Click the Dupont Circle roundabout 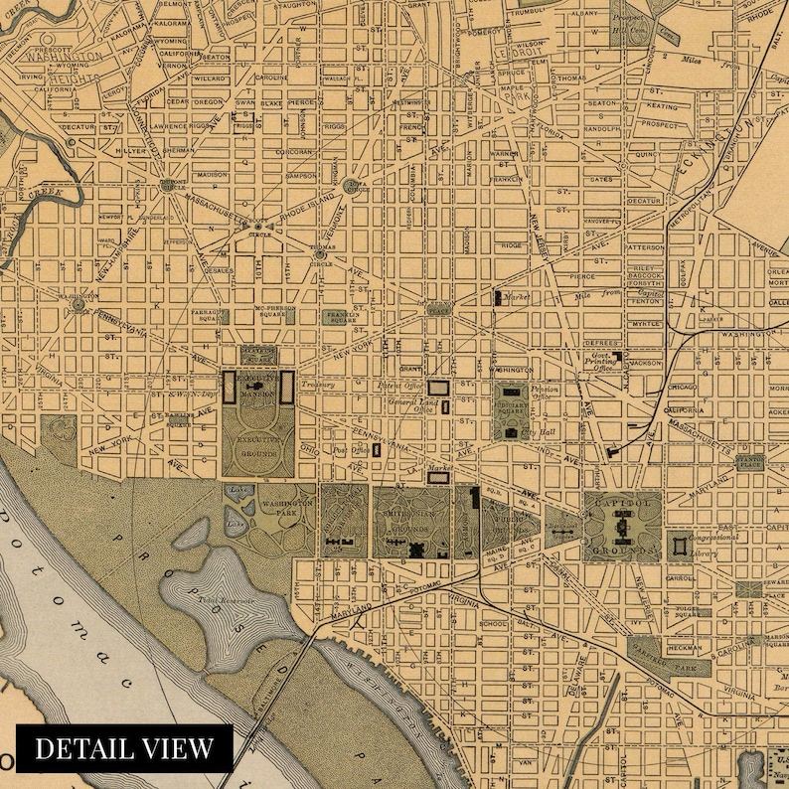coord(173,184)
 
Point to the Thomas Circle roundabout coord(321,252)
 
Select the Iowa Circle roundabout coord(354,185)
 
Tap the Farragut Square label coord(202,315)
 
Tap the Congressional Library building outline coord(680,544)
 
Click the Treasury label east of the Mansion coord(319,384)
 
